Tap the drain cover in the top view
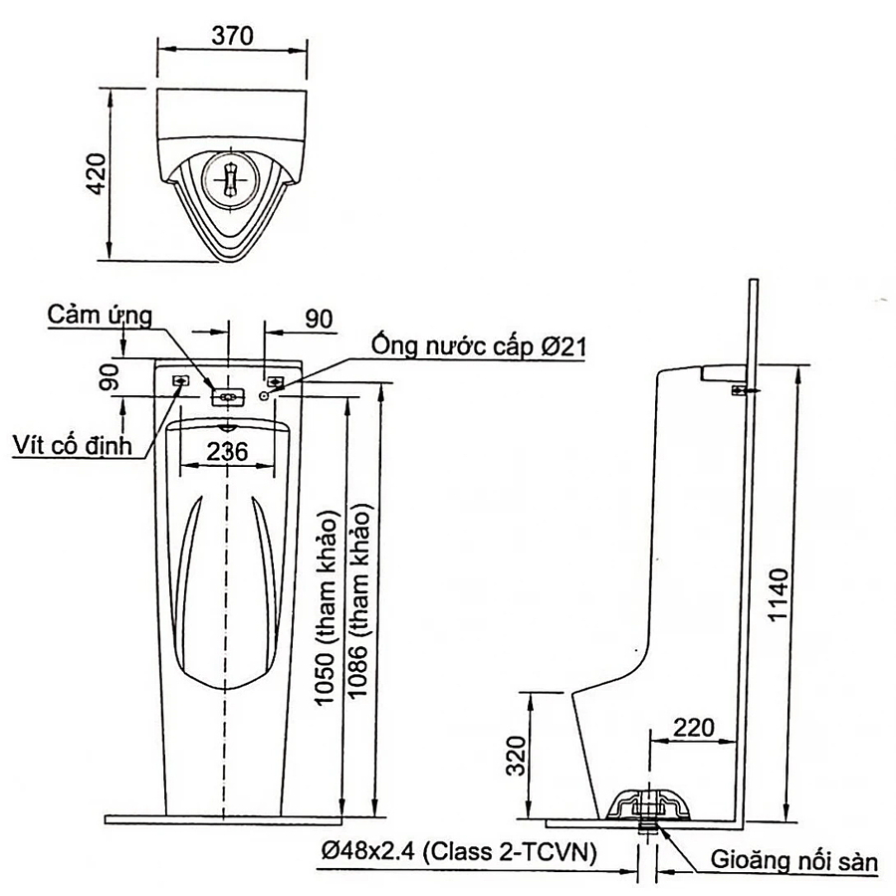tap(231, 180)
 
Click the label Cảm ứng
tap(100, 316)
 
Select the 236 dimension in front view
tap(227, 451)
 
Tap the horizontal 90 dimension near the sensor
tap(318, 319)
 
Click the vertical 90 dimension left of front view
tap(110, 375)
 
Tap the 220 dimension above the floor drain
tap(694, 727)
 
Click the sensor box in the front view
tap(229, 395)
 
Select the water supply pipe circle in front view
tap(265, 395)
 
